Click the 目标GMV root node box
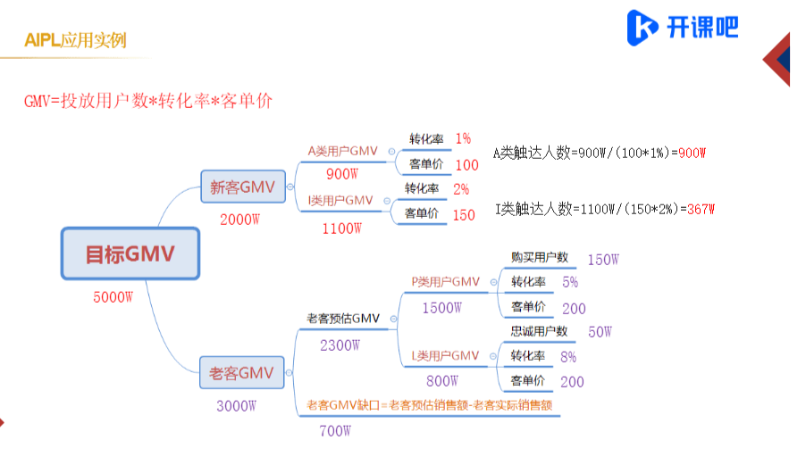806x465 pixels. pyautogui.click(x=130, y=254)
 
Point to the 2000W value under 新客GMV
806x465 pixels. pyautogui.click(x=239, y=218)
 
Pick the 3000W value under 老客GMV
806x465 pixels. pyautogui.click(x=237, y=405)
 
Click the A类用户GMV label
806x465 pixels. pyautogui.click(x=342, y=151)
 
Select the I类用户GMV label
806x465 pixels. pyautogui.click(x=340, y=200)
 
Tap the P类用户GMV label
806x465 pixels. pyautogui.click(x=446, y=282)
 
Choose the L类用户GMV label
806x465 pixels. pyautogui.click(x=446, y=356)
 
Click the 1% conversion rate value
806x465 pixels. pyautogui.click(x=463, y=138)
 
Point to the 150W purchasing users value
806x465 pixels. pyautogui.click(x=603, y=259)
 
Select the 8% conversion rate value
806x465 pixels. pyautogui.click(x=568, y=356)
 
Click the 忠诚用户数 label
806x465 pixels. pyautogui.click(x=539, y=331)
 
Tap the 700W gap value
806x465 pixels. pyautogui.click(x=335, y=432)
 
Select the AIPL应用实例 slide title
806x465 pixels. pyautogui.click(x=75, y=40)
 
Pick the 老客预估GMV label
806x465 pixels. pyautogui.click(x=344, y=318)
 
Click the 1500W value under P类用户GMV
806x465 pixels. pyautogui.click(x=442, y=308)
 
